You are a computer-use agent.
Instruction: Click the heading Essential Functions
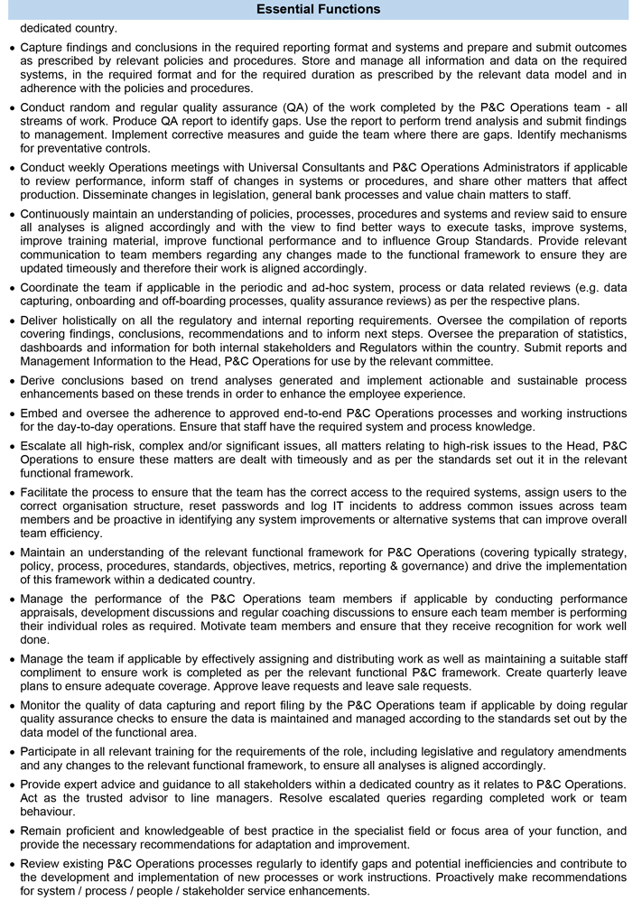[318, 9]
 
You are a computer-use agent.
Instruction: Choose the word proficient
[99, 831]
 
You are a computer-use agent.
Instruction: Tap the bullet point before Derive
[10, 380]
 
